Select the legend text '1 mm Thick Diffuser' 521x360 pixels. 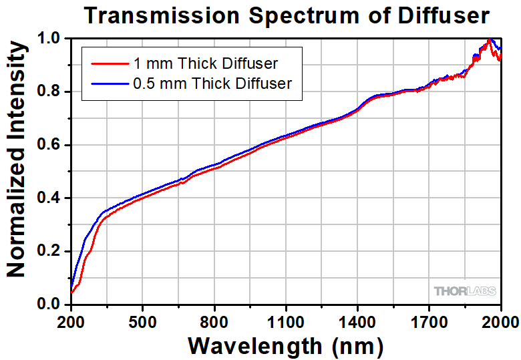pyautogui.click(x=205, y=64)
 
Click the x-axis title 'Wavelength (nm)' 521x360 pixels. pyautogui.click(x=286, y=345)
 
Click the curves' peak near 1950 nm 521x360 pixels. pyautogui.click(x=490, y=41)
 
